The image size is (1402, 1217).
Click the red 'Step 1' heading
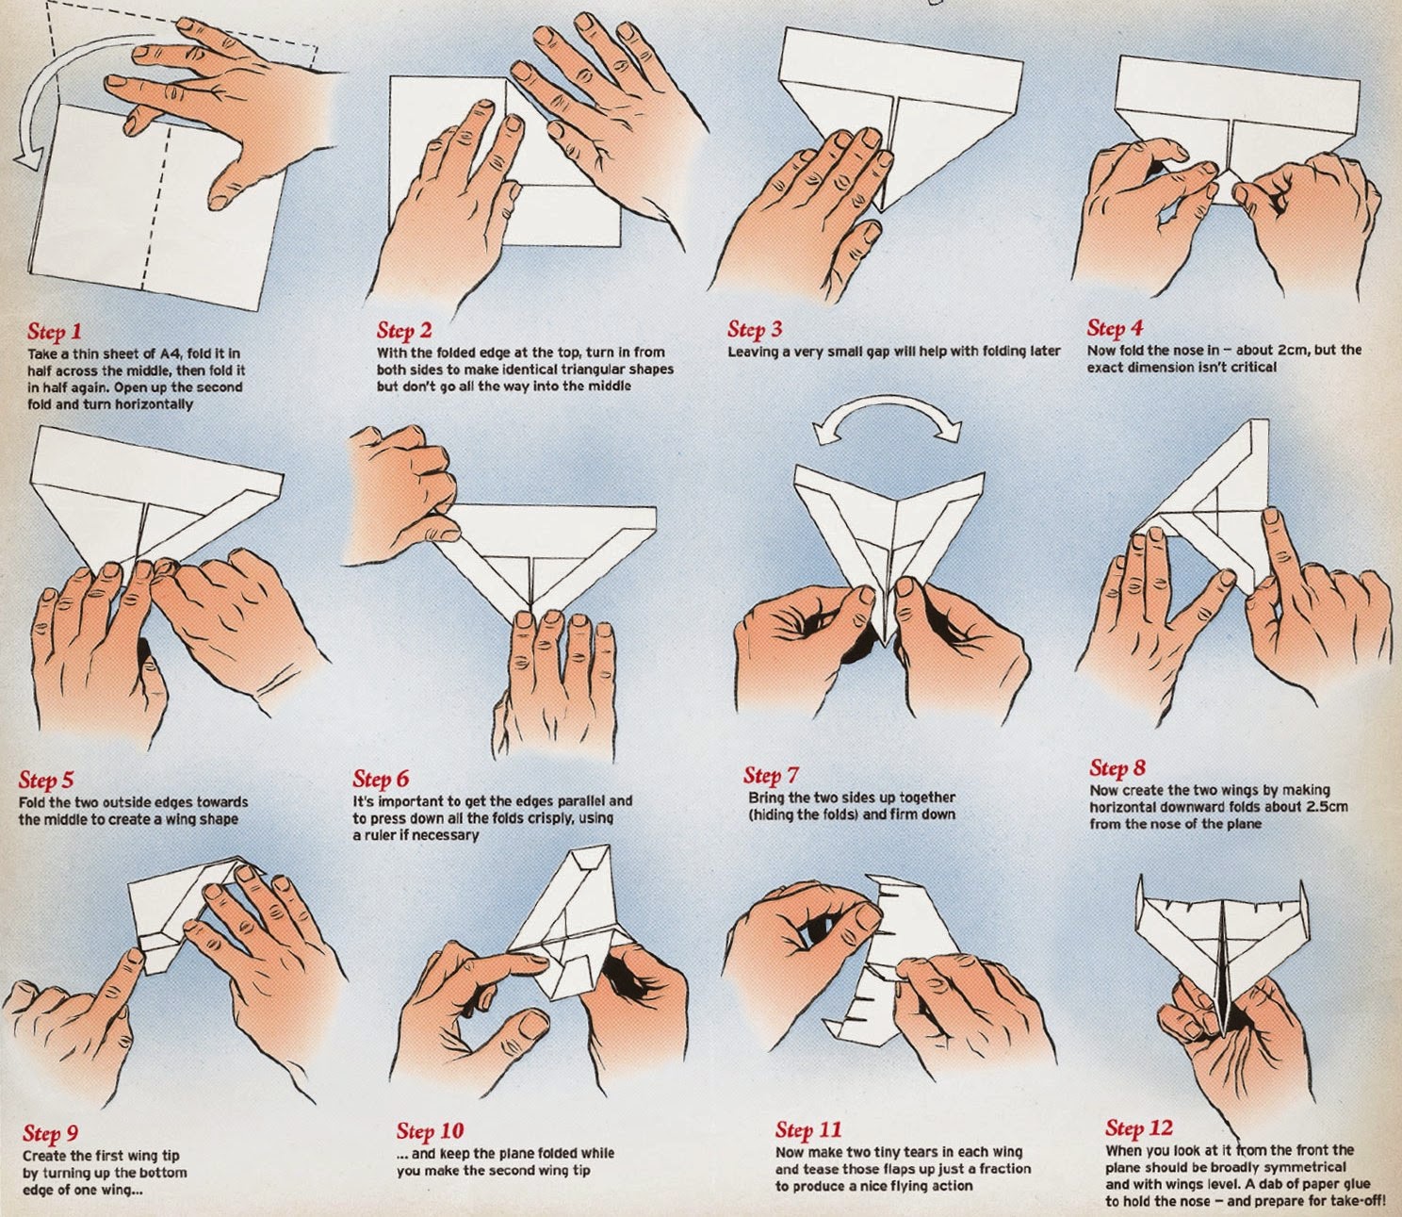55,331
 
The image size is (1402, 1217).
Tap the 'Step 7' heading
771,776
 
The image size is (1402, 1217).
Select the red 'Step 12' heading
1139,1128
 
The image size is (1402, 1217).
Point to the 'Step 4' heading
1115,328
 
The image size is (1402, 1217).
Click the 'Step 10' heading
430,1130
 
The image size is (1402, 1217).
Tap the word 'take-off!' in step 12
1353,1201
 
